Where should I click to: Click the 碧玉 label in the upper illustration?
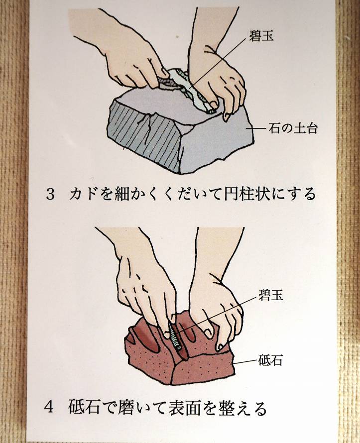[261, 36]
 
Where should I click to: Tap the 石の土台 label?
[293, 128]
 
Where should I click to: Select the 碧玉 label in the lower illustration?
[270, 295]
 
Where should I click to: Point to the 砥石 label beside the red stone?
[270, 360]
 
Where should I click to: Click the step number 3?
[50, 195]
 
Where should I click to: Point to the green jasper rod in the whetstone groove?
[174, 336]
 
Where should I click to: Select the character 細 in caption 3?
[122, 194]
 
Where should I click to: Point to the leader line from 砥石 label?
[244, 362]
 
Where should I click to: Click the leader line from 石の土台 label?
[258, 129]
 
